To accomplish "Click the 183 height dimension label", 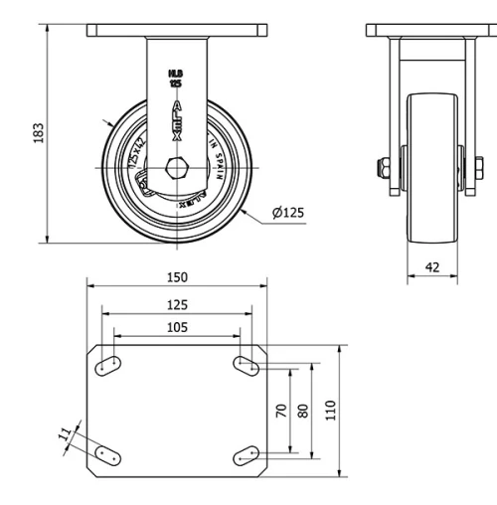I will point(39,132).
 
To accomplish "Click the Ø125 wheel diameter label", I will point(287,212).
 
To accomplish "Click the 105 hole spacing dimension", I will point(176,327).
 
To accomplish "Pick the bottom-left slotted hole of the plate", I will point(108,455).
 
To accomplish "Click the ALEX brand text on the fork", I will point(177,117).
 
